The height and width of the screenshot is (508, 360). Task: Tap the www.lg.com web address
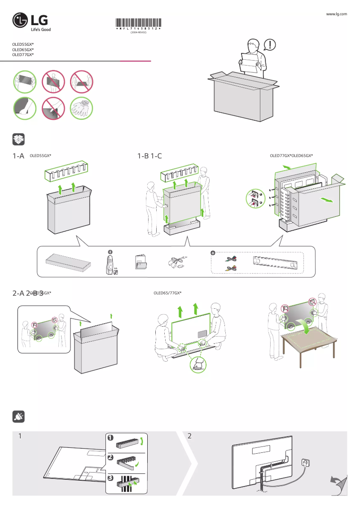[x=336, y=14]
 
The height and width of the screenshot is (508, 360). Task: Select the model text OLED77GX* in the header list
[x=23, y=55]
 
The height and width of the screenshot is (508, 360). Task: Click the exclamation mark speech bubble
[x=270, y=44]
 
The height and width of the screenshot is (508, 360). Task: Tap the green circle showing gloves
[x=82, y=108]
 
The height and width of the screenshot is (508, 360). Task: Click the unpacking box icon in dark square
[x=18, y=139]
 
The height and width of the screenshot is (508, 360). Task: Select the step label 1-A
[x=18, y=156]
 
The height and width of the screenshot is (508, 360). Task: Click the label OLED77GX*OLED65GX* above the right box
[x=291, y=156]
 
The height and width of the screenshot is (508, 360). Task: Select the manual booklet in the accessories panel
[x=140, y=263]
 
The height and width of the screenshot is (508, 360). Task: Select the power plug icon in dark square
[x=18, y=417]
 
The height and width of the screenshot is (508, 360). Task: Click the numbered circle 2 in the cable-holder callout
[x=110, y=457]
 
